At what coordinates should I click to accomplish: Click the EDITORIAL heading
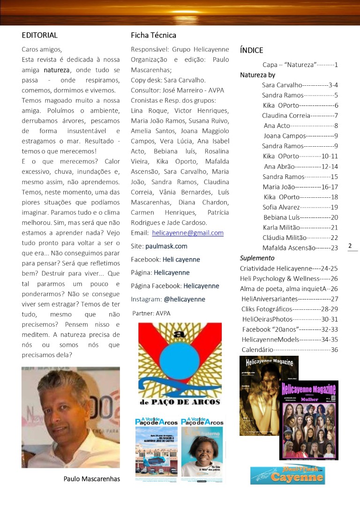(39, 35)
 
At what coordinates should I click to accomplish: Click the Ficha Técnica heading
(153, 35)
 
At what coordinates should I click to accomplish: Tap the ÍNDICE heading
(251, 50)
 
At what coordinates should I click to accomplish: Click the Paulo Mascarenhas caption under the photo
(92, 479)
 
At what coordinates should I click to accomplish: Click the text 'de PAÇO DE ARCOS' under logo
(180, 402)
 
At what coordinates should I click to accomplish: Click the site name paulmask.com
(166, 246)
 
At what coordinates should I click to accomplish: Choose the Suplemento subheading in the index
(257, 258)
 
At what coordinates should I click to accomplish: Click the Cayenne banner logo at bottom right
(287, 475)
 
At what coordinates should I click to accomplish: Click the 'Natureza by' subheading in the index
(257, 75)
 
